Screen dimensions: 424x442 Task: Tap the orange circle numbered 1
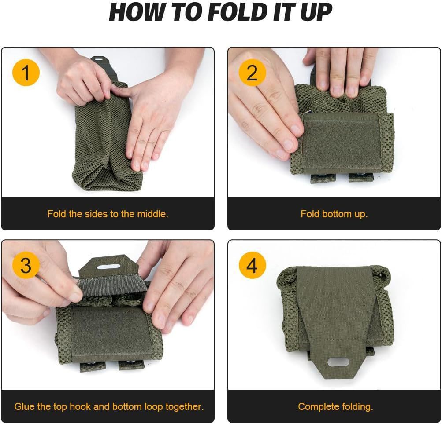(x=26, y=73)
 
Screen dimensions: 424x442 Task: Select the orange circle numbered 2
(x=252, y=73)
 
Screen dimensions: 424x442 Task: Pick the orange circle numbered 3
(x=26, y=266)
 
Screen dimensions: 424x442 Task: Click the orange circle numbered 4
(x=252, y=266)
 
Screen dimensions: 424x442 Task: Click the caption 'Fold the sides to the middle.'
(x=108, y=214)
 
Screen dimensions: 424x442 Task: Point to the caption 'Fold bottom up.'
(x=334, y=214)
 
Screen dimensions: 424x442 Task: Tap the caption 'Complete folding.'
(x=335, y=407)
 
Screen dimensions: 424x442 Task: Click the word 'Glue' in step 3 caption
(x=24, y=407)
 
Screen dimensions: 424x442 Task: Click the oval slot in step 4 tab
(x=338, y=362)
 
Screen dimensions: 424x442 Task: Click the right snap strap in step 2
(x=360, y=177)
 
